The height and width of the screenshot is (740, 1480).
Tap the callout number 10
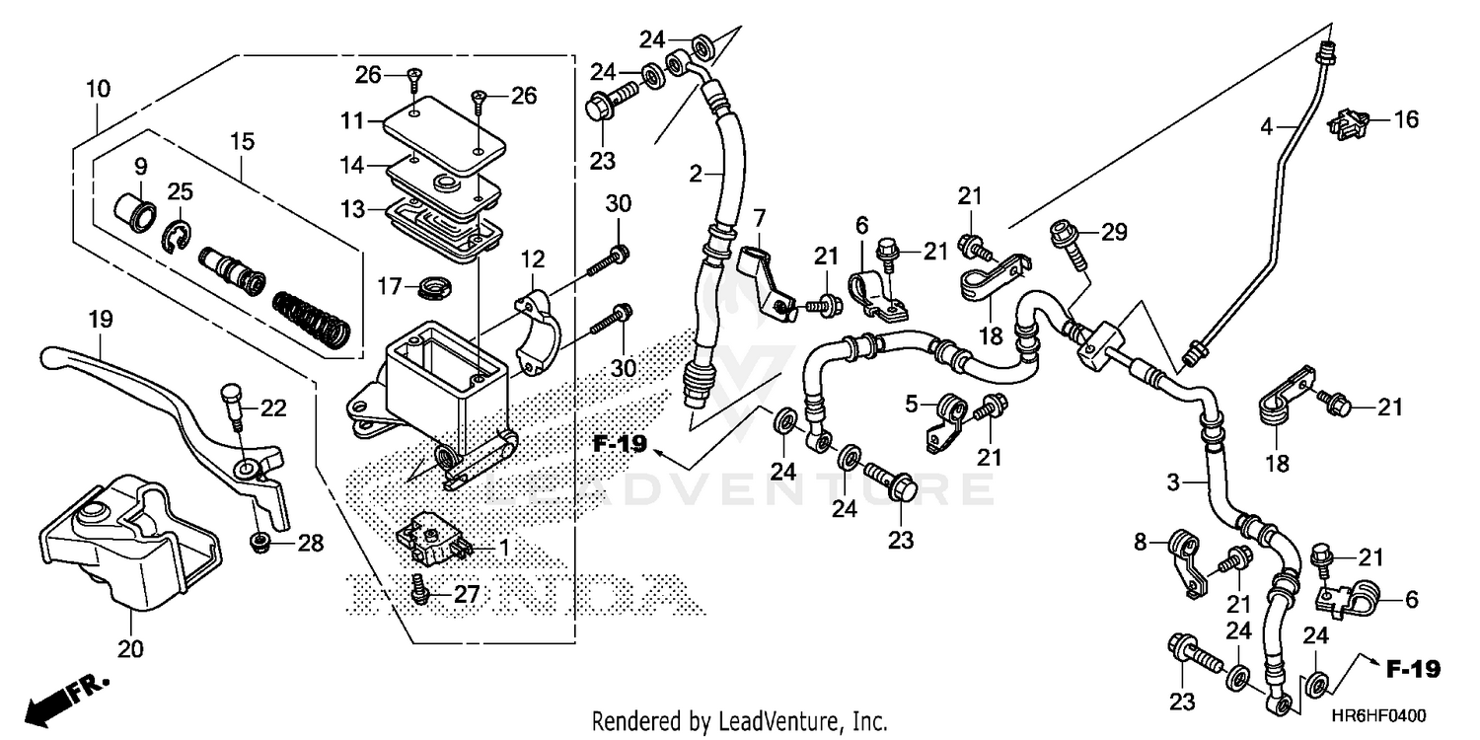pos(98,89)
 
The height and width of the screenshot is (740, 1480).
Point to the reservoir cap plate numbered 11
pos(441,124)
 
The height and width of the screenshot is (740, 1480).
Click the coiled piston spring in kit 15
pos(312,319)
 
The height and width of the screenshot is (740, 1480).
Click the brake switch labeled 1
pos(431,541)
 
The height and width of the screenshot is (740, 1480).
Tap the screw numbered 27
pos(420,589)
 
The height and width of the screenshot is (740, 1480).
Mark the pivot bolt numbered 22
pos(233,402)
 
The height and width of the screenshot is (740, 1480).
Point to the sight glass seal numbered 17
pos(432,288)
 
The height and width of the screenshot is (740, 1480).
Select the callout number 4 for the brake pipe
pos(1266,126)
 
